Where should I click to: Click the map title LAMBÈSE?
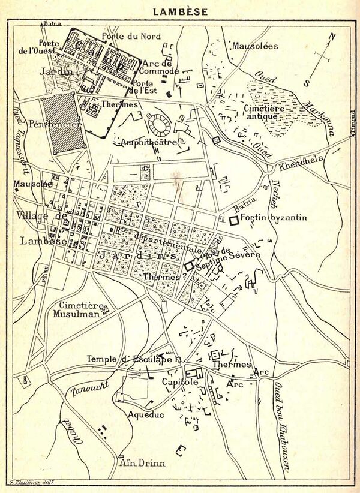[180, 11]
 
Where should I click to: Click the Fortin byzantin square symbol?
[233, 220]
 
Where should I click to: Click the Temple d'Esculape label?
[128, 359]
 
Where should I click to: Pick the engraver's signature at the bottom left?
[31, 481]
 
